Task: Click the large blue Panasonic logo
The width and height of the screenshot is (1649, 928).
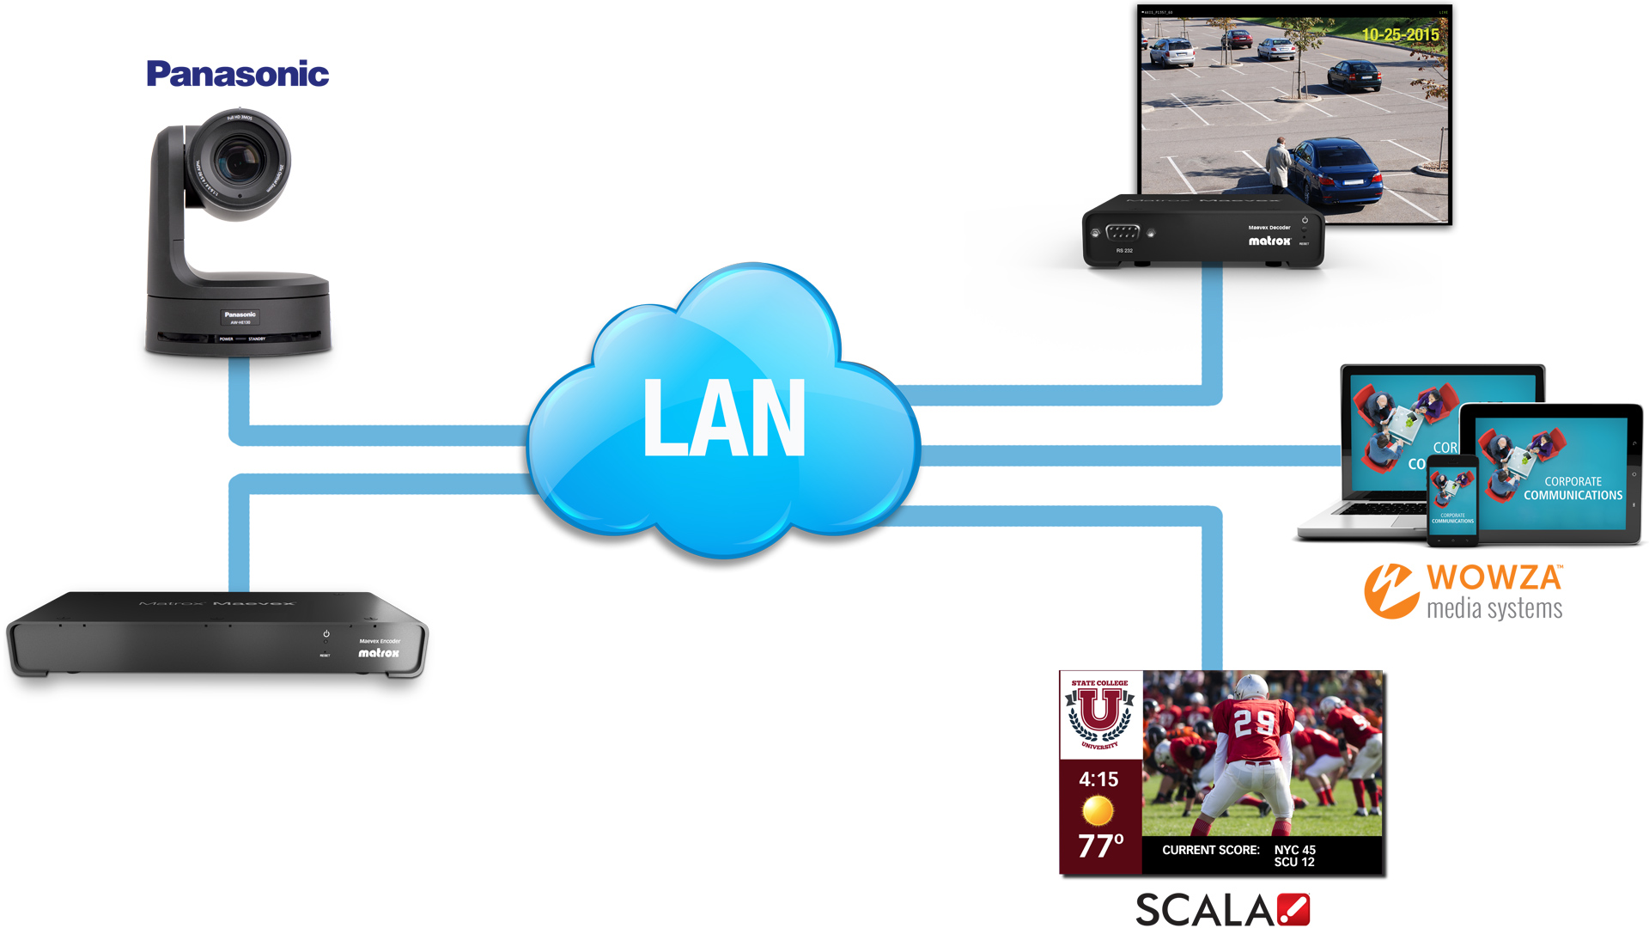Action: tap(238, 74)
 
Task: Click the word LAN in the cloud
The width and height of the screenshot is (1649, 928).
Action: tap(724, 418)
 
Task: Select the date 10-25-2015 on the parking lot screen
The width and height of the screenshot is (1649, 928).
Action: tap(1400, 34)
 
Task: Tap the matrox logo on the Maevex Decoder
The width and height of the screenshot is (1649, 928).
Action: tap(1269, 241)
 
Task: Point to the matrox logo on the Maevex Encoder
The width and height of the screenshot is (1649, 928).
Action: tap(379, 653)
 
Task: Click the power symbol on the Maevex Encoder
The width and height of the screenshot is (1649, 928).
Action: tap(326, 634)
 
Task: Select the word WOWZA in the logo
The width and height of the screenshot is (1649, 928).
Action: tap(1494, 577)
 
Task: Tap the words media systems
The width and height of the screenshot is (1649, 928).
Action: tap(1494, 609)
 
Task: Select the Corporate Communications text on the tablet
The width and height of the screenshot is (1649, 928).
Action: tap(1573, 488)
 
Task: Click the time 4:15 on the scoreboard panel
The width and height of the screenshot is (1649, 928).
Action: tap(1098, 779)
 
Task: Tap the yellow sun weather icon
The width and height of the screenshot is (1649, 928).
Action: tap(1098, 810)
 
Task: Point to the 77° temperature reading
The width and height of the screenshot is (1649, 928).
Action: tap(1100, 846)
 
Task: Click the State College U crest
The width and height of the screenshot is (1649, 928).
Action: tap(1100, 714)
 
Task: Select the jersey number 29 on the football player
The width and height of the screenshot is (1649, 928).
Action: tap(1253, 723)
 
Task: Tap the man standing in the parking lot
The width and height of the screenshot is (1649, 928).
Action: tap(1280, 165)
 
